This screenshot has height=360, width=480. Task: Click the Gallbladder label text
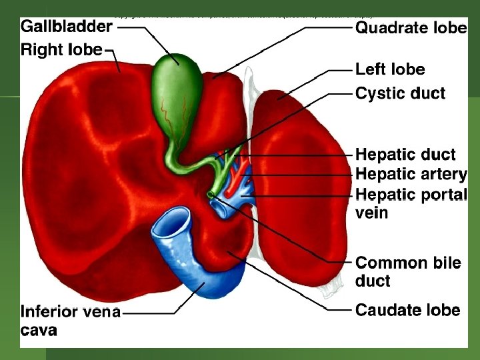coord(67,27)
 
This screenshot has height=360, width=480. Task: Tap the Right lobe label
coord(62,49)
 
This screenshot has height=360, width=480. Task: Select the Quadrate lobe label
coord(411,28)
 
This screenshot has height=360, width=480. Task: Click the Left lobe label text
coord(390,69)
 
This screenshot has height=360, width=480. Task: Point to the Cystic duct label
coord(400,93)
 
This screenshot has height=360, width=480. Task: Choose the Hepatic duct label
coord(405,155)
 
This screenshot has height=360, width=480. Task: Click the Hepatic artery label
coord(411,174)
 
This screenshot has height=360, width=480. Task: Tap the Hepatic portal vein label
coord(411,194)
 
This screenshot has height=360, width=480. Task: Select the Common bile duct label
coord(408,263)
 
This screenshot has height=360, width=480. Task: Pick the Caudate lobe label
coord(407,309)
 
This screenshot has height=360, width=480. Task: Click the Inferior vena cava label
coord(71,312)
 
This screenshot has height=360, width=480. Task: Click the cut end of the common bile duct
coord(211,195)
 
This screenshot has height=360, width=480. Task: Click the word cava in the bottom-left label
coord(39,330)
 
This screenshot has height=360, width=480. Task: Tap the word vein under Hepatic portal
coord(371,213)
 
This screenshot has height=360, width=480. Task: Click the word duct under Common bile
coord(373,281)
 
